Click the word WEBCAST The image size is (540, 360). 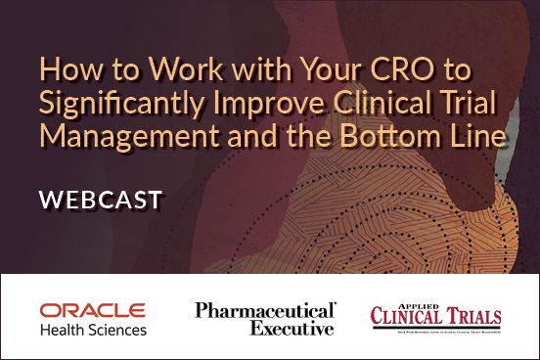(101, 201)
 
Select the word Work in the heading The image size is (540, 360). (164, 71)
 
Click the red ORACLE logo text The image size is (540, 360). (93, 311)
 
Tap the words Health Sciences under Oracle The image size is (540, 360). (93, 330)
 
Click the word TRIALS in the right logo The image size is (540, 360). (469, 317)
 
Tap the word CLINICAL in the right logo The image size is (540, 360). (402, 317)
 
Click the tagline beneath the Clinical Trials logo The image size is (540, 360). (435, 330)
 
